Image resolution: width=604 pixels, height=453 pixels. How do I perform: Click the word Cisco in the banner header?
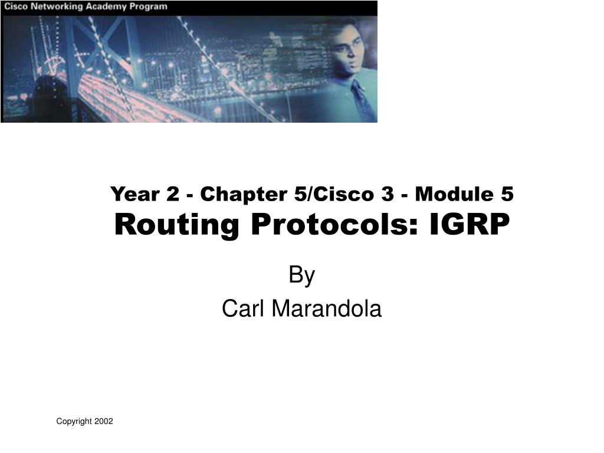(16, 6)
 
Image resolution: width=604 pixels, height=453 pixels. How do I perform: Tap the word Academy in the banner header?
(106, 7)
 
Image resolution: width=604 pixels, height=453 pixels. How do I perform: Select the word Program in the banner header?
(148, 7)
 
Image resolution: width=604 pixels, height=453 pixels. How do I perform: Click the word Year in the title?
(135, 193)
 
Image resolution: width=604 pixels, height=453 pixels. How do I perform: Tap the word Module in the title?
(454, 193)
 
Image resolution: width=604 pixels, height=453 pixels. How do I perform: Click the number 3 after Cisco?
(388, 193)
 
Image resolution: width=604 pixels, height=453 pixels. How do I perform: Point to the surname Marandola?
(327, 308)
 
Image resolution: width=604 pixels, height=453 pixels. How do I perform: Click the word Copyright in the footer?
(74, 421)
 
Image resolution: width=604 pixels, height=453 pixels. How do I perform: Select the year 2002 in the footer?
(104, 421)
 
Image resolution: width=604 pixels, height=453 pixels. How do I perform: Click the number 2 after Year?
(173, 193)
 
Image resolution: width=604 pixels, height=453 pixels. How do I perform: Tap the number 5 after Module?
(507, 193)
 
